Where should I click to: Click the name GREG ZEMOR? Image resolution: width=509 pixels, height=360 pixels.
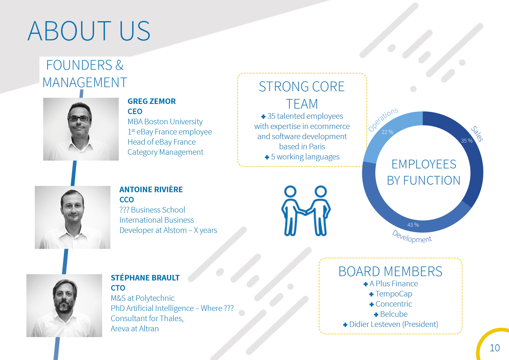(151, 101)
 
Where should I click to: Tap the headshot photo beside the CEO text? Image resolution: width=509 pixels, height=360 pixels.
(81, 129)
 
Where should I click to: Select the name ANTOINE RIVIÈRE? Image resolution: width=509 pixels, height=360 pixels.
(151, 189)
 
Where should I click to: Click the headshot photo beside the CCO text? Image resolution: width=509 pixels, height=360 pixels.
(73, 217)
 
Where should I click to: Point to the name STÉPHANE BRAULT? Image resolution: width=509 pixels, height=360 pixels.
(145, 278)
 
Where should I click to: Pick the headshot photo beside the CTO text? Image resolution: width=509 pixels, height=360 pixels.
(64, 306)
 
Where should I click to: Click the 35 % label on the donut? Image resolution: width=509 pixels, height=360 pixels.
(467, 141)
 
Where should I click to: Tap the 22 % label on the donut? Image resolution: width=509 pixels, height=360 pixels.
(387, 132)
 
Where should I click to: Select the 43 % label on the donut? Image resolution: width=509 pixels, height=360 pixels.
(413, 225)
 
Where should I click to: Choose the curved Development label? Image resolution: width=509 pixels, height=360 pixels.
(412, 237)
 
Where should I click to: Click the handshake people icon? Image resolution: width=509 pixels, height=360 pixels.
(306, 211)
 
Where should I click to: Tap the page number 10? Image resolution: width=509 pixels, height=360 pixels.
(495, 348)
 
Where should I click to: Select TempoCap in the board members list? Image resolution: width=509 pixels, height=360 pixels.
(394, 294)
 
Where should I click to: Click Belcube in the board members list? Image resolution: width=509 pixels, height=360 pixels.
(394, 314)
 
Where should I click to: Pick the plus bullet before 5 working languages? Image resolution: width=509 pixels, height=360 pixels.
(267, 157)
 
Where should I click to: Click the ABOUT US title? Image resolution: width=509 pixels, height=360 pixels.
(89, 31)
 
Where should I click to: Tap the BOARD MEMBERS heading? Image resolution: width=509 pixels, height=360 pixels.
(390, 272)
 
